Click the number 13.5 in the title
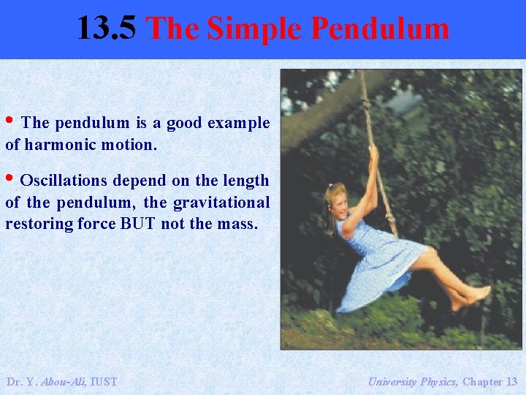[x=105, y=29]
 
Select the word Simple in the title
[x=253, y=29]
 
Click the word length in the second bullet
[x=245, y=180]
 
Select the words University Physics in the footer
[x=413, y=381]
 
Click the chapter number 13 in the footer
[x=511, y=381]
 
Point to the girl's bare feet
[x=471, y=296]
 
